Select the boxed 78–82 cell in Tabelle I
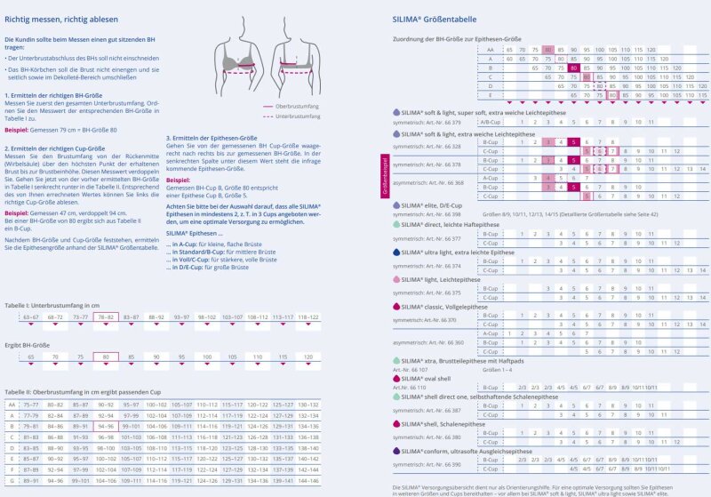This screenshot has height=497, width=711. [x=106, y=317]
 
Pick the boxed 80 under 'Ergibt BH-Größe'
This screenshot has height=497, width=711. [x=106, y=357]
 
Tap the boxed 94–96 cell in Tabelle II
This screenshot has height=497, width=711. [x=106, y=426]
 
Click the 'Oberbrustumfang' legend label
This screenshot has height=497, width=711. [x=301, y=104]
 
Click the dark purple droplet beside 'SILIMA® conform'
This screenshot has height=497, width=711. [x=396, y=451]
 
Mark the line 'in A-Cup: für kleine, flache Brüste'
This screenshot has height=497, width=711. [x=219, y=243]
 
